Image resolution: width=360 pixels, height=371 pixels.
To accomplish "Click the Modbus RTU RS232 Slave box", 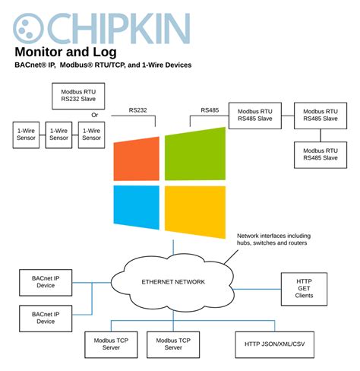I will pos(79,96).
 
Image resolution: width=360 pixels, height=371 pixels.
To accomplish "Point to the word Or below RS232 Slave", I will pos(95,116).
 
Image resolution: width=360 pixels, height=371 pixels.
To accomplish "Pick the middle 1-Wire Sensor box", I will pos(58,134).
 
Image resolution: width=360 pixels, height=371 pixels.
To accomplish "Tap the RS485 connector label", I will pos(210,111).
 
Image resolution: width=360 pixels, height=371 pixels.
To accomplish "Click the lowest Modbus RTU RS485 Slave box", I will pos(320,154).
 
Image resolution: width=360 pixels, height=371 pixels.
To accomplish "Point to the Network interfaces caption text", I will pos(273,240).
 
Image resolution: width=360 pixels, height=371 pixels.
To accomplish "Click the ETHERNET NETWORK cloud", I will pos(173,282).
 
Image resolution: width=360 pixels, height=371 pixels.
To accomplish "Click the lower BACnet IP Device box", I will pos(46,317).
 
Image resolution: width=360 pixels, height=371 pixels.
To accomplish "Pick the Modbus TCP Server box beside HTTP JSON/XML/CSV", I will pos(173,344).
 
